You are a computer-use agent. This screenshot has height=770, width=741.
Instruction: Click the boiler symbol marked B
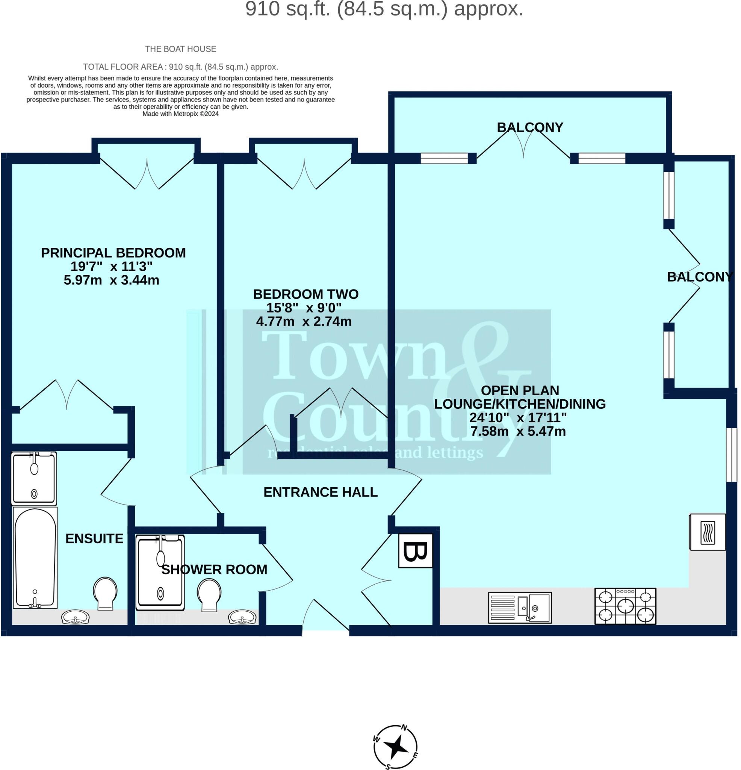[416, 550]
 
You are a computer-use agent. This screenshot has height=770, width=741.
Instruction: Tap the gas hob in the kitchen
[625, 606]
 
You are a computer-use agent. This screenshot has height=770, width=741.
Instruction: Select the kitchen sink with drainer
[520, 608]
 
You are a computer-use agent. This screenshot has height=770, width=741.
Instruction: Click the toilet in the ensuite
[105, 593]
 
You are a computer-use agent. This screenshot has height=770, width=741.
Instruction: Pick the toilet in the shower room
[209, 595]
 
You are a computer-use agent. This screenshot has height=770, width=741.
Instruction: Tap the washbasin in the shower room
[242, 618]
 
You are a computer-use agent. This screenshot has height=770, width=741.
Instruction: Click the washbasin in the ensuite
[76, 618]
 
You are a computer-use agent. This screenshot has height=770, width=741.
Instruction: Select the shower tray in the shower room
[160, 572]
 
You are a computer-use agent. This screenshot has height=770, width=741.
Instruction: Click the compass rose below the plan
[395, 747]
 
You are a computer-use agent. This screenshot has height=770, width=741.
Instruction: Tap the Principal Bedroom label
[113, 253]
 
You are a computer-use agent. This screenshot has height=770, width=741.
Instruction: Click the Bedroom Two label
[305, 294]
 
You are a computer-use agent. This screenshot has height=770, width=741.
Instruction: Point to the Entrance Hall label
[321, 492]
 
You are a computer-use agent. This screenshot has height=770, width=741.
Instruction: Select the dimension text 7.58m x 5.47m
[518, 431]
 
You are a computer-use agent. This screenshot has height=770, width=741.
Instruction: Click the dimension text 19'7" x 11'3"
[112, 266]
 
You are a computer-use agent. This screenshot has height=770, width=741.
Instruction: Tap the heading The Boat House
[181, 49]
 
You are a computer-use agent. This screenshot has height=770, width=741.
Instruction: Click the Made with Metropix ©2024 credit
[181, 114]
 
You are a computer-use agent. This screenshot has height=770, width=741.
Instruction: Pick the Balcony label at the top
[530, 127]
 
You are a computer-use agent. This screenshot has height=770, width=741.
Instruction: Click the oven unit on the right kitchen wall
[708, 532]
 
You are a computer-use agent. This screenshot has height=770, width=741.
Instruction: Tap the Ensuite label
[94, 539]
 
